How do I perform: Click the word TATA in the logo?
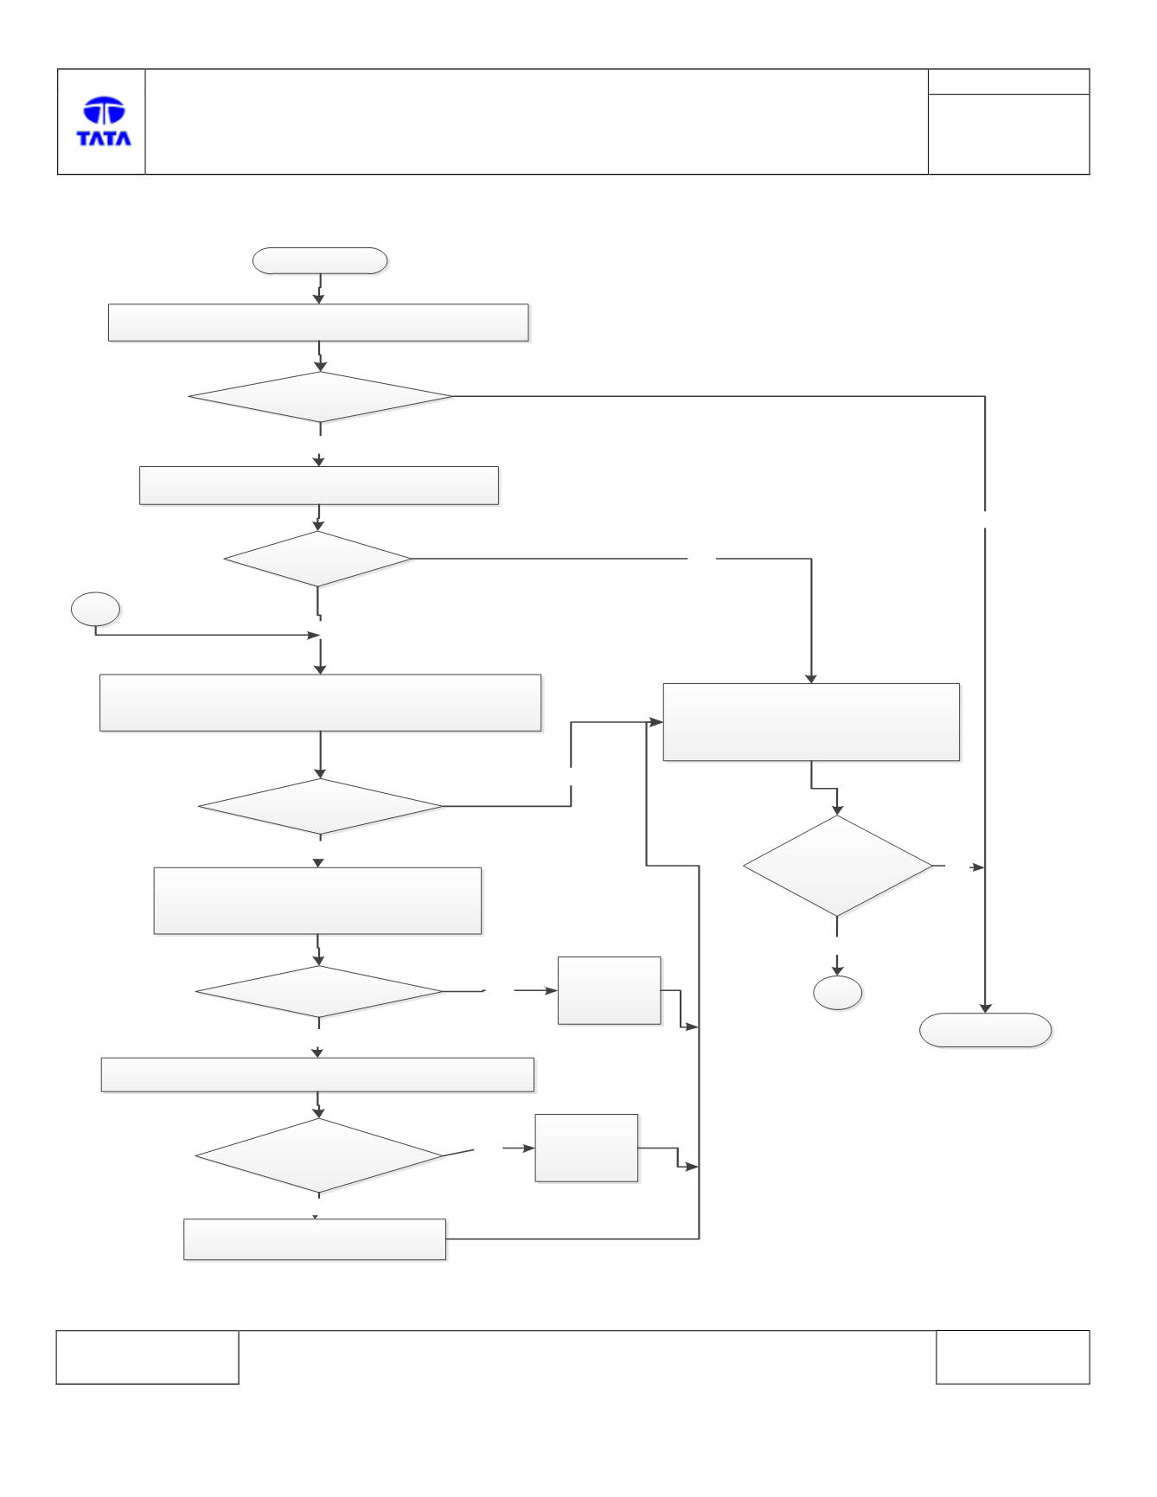(x=104, y=138)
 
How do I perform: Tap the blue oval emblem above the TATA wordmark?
(x=104, y=111)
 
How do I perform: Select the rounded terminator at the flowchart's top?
(x=320, y=261)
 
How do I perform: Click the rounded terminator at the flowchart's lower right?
(x=985, y=1030)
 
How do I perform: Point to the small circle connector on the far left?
(x=95, y=610)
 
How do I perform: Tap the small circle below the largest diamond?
(x=837, y=993)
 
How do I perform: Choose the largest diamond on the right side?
(x=837, y=866)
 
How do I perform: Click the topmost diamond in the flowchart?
(x=320, y=397)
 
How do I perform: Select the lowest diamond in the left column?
(x=319, y=1156)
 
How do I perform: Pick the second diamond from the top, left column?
(x=317, y=559)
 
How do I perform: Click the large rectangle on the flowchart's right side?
(x=811, y=722)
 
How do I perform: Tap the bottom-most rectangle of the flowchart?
(x=315, y=1239)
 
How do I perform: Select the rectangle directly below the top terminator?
(x=318, y=323)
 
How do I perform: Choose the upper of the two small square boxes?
(x=610, y=990)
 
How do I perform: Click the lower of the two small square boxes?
(x=586, y=1148)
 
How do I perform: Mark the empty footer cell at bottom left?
(x=147, y=1357)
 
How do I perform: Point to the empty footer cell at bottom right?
(x=1013, y=1357)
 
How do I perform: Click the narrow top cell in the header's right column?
(x=1008, y=82)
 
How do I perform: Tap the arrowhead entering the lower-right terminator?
(x=985, y=1008)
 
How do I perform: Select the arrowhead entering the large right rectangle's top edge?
(x=811, y=679)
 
